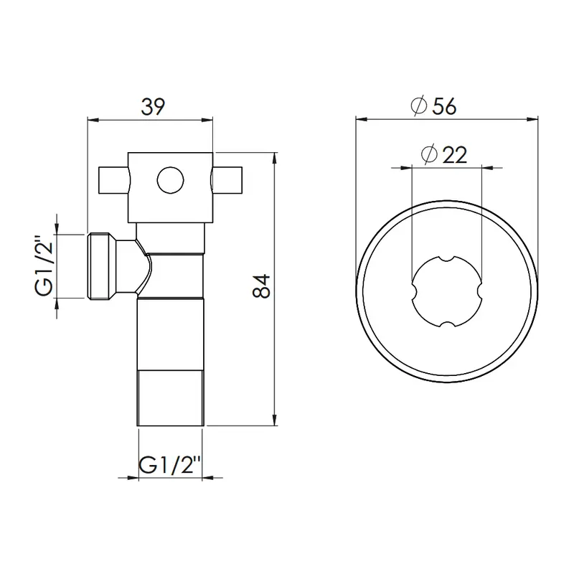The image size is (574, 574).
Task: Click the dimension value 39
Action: (x=153, y=106)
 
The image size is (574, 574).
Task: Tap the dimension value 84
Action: (x=261, y=286)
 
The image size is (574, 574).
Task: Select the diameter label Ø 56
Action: (x=433, y=105)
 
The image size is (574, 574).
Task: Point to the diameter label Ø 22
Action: (x=444, y=154)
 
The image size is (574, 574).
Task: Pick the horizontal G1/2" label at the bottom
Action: (x=170, y=465)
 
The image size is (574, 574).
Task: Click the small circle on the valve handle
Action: (x=170, y=180)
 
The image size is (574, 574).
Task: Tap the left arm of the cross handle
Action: (x=113, y=180)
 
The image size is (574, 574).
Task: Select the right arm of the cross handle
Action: (x=227, y=180)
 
